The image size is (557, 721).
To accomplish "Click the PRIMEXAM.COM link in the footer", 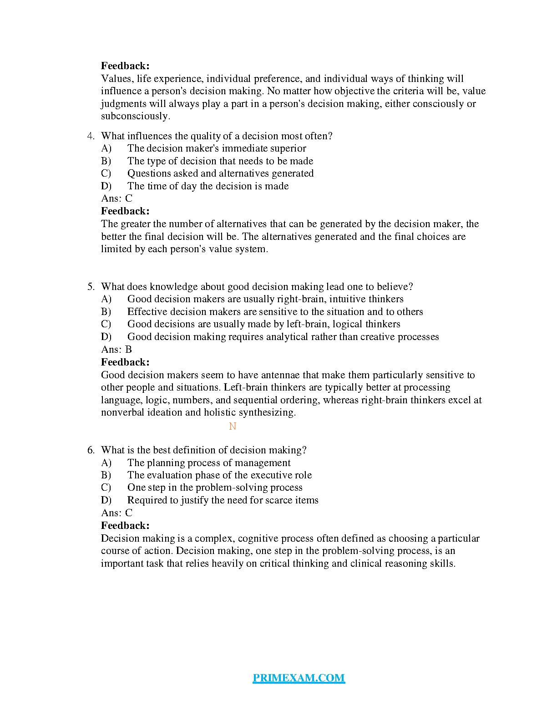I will [299, 678].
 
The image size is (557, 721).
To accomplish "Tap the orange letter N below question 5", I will [233, 427].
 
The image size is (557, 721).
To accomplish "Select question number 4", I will [91, 136].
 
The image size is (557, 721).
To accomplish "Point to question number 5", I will [91, 287].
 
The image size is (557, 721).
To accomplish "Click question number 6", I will [91, 450].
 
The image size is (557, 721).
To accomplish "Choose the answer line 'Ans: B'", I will [116, 350].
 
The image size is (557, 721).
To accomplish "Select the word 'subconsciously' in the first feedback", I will [135, 116].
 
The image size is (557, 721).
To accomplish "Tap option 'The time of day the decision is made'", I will [208, 186].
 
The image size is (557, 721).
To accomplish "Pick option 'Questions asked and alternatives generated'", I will [220, 173].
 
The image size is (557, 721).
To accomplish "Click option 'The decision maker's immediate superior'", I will [217, 148].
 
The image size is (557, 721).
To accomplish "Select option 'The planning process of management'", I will [209, 463].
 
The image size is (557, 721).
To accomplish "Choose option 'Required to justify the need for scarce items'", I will [223, 500].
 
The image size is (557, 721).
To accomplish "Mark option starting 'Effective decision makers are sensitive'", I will [275, 312].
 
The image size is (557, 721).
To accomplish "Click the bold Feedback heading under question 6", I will [125, 526].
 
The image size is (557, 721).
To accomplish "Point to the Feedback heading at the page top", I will [125, 66].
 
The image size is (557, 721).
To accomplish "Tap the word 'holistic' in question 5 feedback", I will [220, 412].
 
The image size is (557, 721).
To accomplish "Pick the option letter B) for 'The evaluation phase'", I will [106, 475].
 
